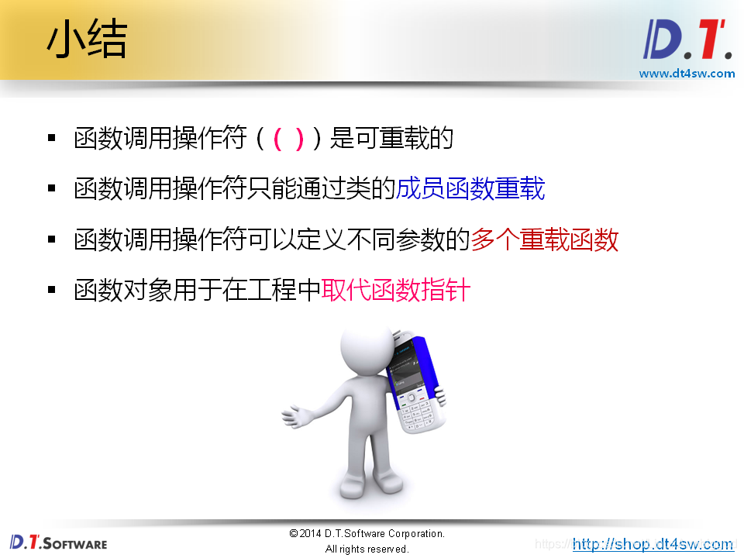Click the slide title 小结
87,40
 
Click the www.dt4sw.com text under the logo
687,74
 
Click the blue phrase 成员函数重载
470,188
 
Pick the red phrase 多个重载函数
545,239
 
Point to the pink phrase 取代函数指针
396,290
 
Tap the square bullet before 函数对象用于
52,290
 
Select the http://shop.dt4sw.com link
653,544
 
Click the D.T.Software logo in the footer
59,542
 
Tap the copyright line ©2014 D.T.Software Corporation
367,533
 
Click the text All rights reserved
367,549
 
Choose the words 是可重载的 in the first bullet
391,139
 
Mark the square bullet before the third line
52,239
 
